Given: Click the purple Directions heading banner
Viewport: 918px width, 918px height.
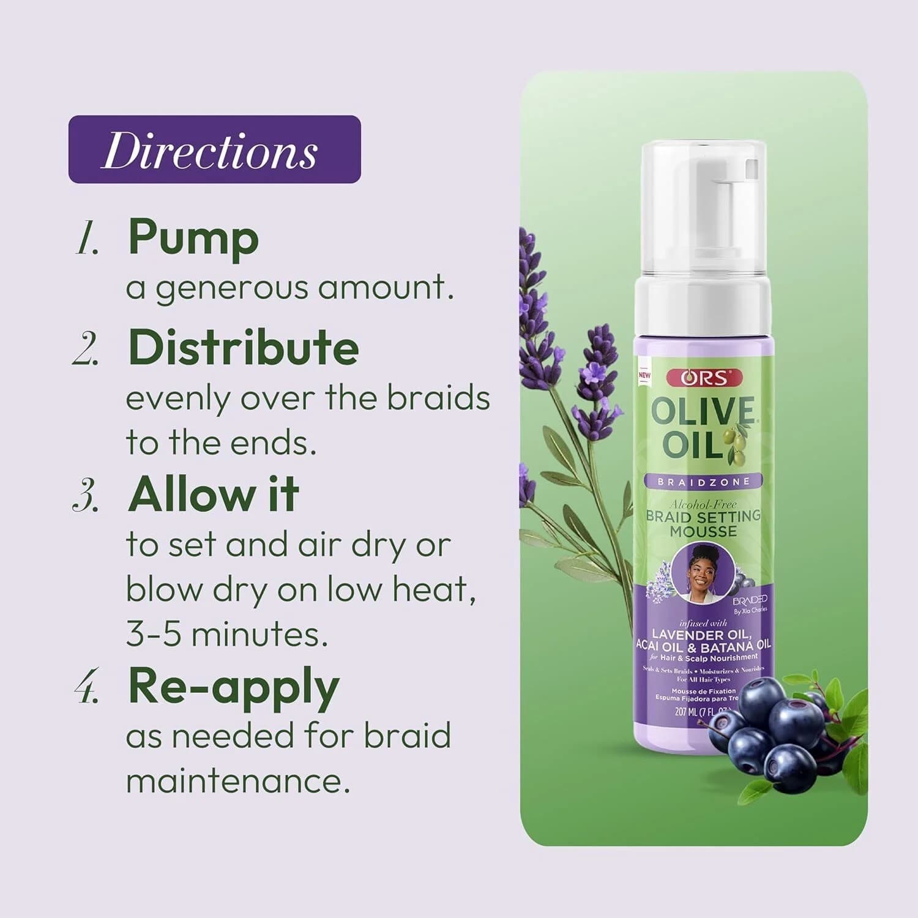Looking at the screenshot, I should coord(214,149).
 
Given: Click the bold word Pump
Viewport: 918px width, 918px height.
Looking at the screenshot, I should coord(193,237).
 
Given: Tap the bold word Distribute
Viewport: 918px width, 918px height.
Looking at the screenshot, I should coord(243,347).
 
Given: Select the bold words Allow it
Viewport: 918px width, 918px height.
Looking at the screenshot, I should coord(213,494).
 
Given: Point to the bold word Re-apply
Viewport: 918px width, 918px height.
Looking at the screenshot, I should coord(233,687).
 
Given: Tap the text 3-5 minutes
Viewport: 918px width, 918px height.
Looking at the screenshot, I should coord(226,634).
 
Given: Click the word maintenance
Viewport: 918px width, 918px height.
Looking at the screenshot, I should coord(238,781).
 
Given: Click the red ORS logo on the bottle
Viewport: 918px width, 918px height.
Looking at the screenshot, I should coord(704,378).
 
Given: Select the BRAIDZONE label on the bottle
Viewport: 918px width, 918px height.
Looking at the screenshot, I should coord(703,482).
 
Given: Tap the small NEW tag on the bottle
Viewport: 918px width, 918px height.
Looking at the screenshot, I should coord(644,375).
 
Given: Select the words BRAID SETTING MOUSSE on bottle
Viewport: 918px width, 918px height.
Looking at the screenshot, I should coord(703,524).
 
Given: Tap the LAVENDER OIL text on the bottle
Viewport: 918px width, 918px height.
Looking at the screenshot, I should coord(701,634).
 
